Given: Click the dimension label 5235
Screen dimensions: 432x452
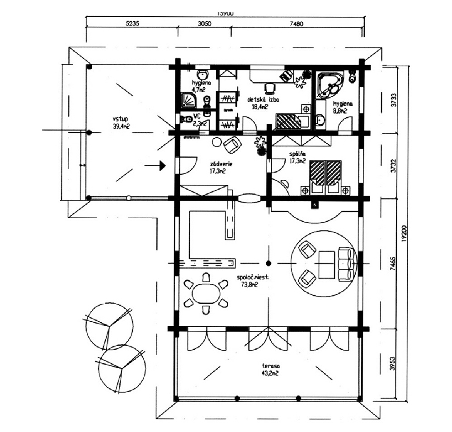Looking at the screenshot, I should [130, 25].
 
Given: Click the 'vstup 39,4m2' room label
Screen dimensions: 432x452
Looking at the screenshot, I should [121, 123].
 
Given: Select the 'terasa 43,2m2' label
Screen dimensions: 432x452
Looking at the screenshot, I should [270, 369].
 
